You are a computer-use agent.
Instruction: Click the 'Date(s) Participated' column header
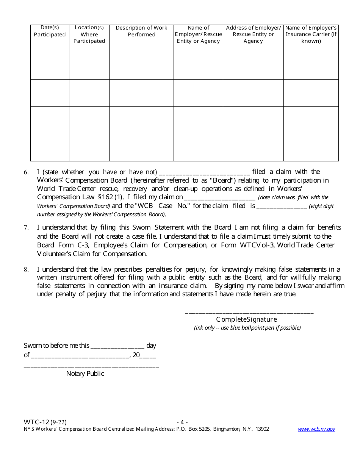(50, 31)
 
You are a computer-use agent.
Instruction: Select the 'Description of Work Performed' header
(141, 31)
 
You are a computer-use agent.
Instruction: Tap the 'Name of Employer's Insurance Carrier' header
(311, 34)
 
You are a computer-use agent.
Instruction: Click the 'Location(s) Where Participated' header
(89, 34)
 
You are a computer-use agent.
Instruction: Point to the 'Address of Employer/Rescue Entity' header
(253, 34)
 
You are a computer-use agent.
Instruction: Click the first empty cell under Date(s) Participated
(50, 66)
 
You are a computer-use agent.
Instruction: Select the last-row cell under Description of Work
(141, 147)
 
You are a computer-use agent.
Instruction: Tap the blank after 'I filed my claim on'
(219, 197)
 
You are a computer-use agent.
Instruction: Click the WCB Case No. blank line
(282, 206)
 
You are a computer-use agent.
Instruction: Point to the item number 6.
(26, 172)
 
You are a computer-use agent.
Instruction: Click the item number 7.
(26, 228)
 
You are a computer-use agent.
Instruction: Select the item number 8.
(26, 270)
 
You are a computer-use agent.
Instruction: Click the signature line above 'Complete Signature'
(249, 312)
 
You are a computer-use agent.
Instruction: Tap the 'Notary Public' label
(85, 374)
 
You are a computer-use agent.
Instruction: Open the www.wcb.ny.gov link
(316, 429)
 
